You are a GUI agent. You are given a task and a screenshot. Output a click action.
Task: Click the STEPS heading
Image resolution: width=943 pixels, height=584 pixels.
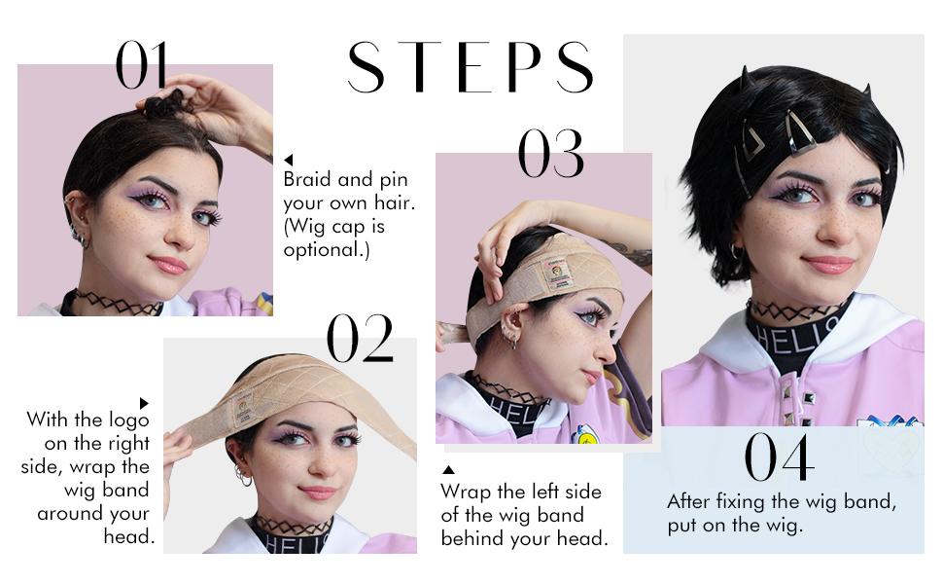pyautogui.click(x=471, y=67)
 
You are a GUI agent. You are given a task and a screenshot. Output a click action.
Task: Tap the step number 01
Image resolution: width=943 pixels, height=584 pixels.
pyautogui.click(x=141, y=65)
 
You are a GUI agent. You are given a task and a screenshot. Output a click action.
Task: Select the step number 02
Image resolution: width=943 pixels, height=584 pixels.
pyautogui.click(x=360, y=338)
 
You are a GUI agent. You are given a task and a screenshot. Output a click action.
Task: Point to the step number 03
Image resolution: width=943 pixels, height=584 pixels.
pyautogui.click(x=551, y=153)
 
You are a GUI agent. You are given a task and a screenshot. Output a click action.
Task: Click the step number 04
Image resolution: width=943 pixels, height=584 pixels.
pyautogui.click(x=780, y=456)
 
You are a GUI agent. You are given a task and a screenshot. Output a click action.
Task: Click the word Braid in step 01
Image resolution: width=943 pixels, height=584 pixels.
pyautogui.click(x=306, y=179)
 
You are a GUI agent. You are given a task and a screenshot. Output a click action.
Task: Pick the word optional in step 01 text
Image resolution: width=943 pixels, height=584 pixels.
pyautogui.click(x=324, y=249)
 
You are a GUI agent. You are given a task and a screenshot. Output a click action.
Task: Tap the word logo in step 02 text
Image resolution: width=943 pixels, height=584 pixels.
pyautogui.click(x=128, y=420)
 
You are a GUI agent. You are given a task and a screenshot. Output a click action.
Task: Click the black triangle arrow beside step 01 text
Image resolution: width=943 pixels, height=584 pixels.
pyautogui.click(x=289, y=160)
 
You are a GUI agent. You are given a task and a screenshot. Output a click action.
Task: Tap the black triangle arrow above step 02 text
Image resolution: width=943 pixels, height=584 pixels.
pyautogui.click(x=144, y=403)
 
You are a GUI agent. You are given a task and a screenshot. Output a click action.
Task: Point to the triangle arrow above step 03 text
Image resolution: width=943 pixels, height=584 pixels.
pyautogui.click(x=448, y=469)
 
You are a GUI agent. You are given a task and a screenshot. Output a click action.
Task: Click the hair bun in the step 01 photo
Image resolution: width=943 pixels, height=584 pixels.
pyautogui.click(x=163, y=103)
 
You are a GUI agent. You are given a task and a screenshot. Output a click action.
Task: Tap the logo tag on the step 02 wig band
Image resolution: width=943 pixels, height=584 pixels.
pyautogui.click(x=244, y=409)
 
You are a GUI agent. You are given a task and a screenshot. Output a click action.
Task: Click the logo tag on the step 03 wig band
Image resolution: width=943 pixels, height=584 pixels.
pyautogui.click(x=557, y=274)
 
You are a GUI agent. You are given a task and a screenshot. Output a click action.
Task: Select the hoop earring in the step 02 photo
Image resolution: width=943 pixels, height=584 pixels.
pyautogui.click(x=245, y=478)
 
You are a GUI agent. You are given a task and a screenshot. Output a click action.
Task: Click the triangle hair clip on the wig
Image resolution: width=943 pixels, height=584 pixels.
pyautogui.click(x=753, y=140)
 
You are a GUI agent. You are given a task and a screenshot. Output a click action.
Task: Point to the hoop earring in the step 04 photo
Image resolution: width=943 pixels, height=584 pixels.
pyautogui.click(x=736, y=251)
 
